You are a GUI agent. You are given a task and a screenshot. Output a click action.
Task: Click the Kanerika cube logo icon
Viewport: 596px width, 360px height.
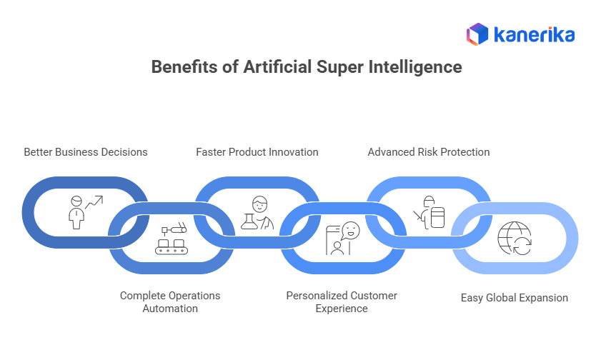point(477,34)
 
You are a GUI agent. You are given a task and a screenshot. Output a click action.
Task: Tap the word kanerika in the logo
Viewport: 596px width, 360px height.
point(532,34)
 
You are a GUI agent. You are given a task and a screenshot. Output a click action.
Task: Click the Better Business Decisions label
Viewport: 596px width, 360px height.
point(86,152)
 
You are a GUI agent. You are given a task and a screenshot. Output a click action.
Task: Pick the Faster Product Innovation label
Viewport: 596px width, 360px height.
point(257,152)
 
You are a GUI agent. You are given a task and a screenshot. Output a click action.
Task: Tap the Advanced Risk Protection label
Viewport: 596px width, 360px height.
point(429,152)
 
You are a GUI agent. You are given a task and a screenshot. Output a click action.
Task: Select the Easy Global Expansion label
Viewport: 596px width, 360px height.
point(515,298)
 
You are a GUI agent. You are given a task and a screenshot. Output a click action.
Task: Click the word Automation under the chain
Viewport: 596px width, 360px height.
point(170,309)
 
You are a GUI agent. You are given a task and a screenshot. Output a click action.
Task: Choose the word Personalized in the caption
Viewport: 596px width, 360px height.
point(317,295)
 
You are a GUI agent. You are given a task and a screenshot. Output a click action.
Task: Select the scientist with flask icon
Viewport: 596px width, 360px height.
point(257,212)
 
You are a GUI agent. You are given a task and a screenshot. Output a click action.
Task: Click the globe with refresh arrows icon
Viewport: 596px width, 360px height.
point(515,239)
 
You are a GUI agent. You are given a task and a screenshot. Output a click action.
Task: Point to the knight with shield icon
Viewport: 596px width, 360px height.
point(428,212)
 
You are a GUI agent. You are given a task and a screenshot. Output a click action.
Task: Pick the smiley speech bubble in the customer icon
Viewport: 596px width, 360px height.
point(349,230)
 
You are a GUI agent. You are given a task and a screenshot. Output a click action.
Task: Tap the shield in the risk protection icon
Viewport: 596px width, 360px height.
point(437,217)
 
